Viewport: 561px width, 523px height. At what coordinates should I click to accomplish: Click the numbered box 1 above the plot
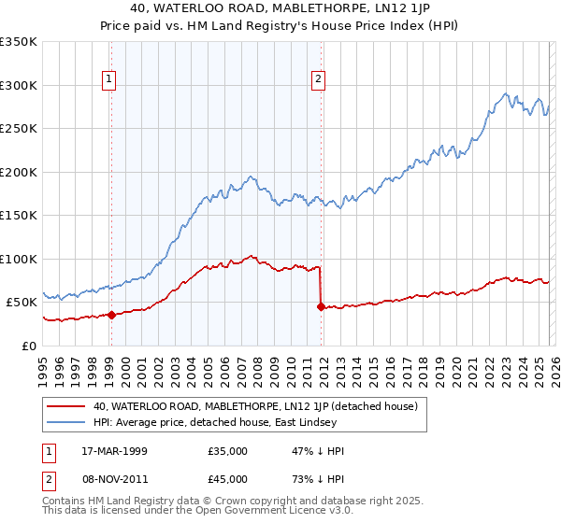(x=110, y=80)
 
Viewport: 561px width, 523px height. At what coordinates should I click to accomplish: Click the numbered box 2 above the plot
(x=319, y=80)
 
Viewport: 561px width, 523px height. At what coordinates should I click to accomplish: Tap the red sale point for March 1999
(x=111, y=315)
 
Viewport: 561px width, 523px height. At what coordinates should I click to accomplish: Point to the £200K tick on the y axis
(x=21, y=172)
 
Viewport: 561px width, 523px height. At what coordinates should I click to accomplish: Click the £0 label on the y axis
(x=30, y=346)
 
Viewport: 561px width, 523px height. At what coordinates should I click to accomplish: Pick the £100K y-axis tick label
(x=21, y=259)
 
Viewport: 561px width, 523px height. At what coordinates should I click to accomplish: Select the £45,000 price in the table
(x=227, y=483)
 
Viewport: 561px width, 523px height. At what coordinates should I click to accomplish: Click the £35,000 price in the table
(x=227, y=451)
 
